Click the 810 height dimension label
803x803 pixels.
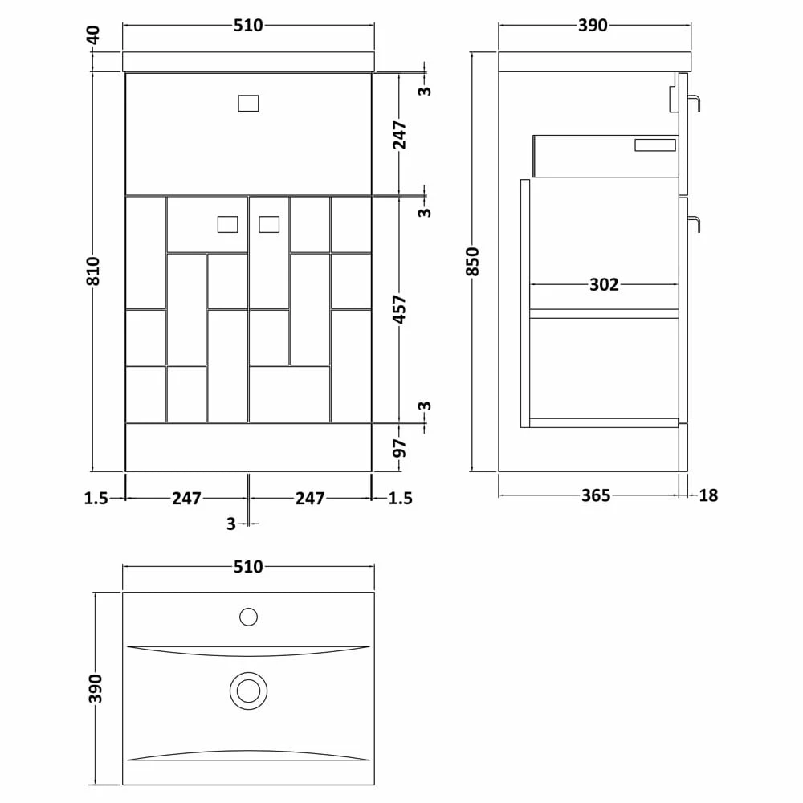click(94, 271)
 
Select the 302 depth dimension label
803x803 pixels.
click(604, 284)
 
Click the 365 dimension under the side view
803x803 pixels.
click(596, 495)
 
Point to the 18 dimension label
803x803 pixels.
click(707, 495)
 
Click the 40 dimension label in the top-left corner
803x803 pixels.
click(94, 35)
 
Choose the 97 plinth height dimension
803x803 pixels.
click(401, 447)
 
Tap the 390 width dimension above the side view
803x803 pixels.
click(593, 26)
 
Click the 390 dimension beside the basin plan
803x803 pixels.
click(96, 688)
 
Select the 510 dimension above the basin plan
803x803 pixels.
click(248, 567)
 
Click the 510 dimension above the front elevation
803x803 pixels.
click(248, 26)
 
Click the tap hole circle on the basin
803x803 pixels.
click(248, 617)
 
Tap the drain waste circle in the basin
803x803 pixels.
click(248, 691)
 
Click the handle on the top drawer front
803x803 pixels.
click(249, 103)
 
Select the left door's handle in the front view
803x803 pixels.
click(229, 224)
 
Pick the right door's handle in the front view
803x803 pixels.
click(269, 224)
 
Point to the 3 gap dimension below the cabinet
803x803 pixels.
click(231, 524)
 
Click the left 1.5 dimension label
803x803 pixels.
click(96, 499)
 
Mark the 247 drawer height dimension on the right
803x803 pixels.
click(401, 134)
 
